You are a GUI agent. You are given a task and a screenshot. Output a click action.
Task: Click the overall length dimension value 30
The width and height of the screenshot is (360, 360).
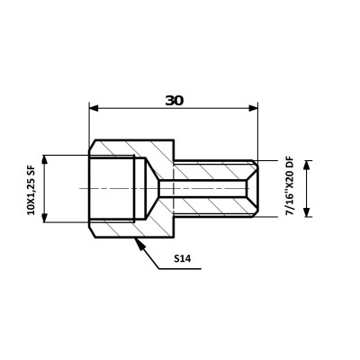tap(175, 101)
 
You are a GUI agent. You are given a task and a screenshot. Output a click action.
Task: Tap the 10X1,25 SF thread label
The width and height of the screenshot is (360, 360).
tap(31, 190)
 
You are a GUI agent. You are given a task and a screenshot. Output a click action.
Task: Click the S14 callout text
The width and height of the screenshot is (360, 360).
tap(183, 258)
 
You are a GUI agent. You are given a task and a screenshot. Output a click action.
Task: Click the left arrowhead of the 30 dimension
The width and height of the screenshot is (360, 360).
tap(94, 108)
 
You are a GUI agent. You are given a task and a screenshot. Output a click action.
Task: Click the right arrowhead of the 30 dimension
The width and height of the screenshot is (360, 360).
tap(254, 108)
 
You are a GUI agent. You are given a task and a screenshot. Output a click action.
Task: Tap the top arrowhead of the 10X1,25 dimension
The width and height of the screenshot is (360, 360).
tap(45, 160)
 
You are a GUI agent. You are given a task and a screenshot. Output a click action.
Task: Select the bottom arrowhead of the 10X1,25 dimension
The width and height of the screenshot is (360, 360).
tap(45, 218)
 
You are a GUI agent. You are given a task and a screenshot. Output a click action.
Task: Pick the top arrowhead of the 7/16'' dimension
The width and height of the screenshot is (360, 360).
tap(306, 166)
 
